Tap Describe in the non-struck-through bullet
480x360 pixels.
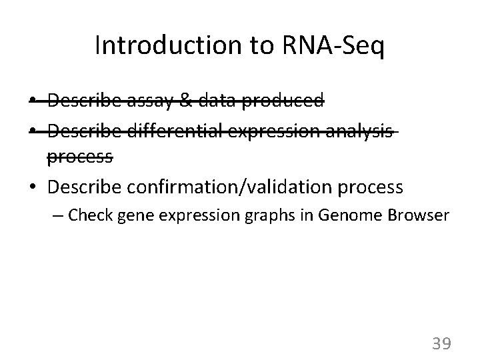click(x=83, y=187)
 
